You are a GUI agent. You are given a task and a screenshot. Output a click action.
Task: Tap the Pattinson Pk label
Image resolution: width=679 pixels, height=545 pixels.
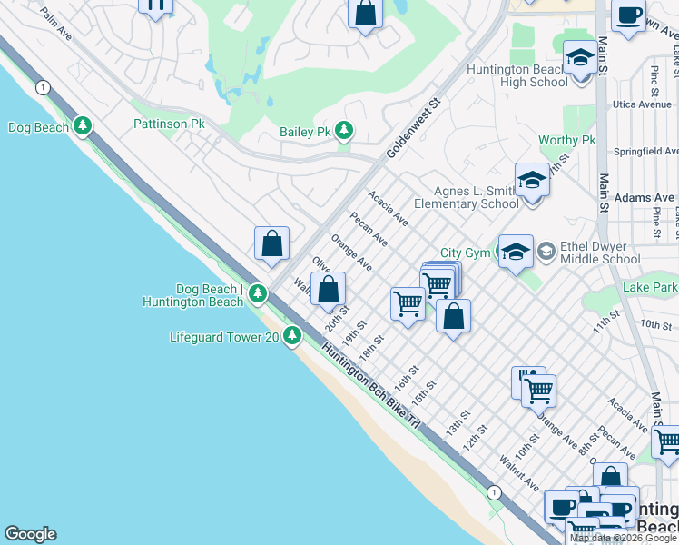169,124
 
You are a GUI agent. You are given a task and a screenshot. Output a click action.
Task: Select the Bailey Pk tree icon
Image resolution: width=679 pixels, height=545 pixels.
343,132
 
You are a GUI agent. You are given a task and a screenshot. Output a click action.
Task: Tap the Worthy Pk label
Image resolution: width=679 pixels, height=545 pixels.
566,141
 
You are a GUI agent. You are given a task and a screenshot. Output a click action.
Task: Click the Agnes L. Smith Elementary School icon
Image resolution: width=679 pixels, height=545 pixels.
532,181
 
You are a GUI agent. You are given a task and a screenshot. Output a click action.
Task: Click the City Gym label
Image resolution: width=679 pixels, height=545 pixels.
465,253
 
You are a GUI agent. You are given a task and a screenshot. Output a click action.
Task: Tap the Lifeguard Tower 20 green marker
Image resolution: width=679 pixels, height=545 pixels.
291,337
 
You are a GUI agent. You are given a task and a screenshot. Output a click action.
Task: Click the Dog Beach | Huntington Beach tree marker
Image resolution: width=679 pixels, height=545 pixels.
258,293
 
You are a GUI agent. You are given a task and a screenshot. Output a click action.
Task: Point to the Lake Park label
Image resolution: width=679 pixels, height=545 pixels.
650,288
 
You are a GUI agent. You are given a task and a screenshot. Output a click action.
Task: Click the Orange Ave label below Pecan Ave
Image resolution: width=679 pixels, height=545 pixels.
351,252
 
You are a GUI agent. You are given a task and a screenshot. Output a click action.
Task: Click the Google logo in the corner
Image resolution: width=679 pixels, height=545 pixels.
30,534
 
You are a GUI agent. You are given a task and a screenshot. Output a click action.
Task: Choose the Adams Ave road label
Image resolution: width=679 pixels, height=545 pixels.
645,197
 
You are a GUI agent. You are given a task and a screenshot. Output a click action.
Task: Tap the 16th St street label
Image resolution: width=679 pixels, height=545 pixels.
407,378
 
